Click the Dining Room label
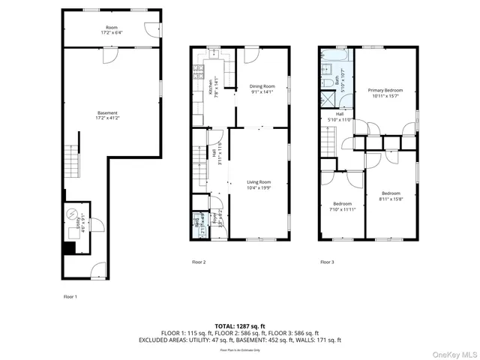coord(262,86)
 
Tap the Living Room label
coord(259,182)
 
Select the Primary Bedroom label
coord(385,90)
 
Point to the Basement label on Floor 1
coord(107,113)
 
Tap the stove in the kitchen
coord(198,73)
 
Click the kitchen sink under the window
coord(212,54)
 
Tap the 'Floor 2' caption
coord(199,262)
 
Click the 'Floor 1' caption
coord(70,296)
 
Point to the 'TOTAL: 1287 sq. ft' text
coord(240,326)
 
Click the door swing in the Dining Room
coord(250,55)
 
